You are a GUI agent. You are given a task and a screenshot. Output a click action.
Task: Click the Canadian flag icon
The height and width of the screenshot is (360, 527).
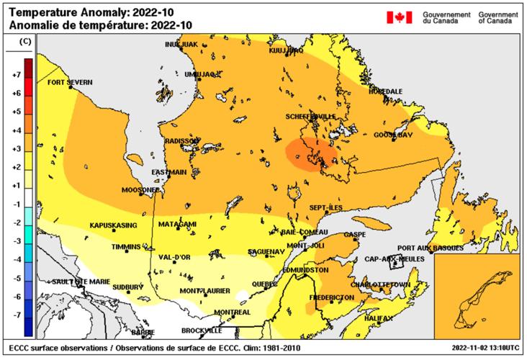[x=400, y=17]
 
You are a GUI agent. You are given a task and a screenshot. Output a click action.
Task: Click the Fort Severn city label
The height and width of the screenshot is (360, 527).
[x=70, y=82]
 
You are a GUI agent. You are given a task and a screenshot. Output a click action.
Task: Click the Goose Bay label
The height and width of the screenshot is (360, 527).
[x=392, y=135]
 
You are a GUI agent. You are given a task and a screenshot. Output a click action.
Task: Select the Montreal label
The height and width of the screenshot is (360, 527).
[x=232, y=312]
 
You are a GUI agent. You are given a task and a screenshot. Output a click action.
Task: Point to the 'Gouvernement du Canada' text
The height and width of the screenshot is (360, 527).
[x=446, y=17]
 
